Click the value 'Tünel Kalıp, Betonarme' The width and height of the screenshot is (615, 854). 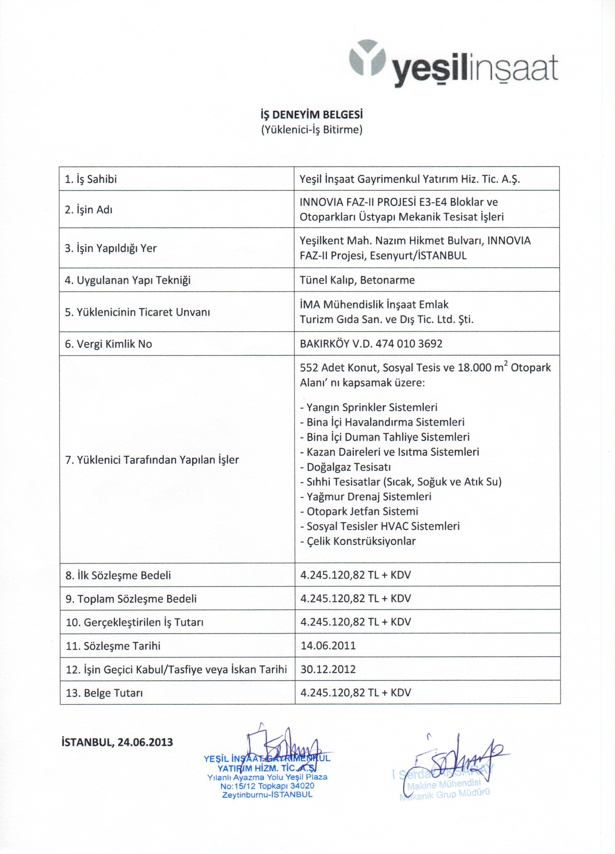click(x=357, y=280)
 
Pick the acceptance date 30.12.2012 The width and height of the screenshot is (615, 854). click(x=328, y=669)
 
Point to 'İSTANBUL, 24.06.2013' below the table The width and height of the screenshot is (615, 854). click(x=117, y=742)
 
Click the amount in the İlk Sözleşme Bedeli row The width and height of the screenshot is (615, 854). click(x=355, y=575)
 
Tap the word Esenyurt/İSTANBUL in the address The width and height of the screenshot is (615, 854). click(x=418, y=256)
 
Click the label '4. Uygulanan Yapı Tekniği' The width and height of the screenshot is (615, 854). click(x=128, y=280)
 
